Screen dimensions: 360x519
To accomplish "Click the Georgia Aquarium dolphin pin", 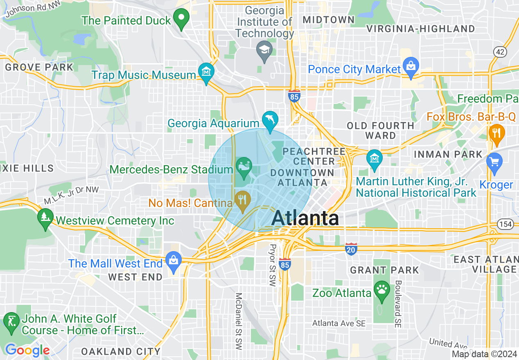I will tap(270, 120).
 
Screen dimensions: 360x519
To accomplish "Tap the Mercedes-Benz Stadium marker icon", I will tap(244, 167).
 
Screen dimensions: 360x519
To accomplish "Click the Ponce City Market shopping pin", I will tap(410, 65).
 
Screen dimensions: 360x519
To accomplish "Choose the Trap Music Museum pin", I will tap(206, 72).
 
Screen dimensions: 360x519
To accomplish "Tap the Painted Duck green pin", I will tap(181, 18).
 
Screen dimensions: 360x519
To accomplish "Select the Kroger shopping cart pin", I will tap(494, 162).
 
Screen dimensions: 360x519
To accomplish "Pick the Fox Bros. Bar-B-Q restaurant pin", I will tap(497, 133).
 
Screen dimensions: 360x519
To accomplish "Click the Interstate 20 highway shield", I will tap(351, 249).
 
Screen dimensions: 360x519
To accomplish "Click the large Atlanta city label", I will tap(305, 218).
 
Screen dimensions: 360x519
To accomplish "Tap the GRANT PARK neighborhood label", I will tap(384, 270).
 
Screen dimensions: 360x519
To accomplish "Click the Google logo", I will tap(27, 350).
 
